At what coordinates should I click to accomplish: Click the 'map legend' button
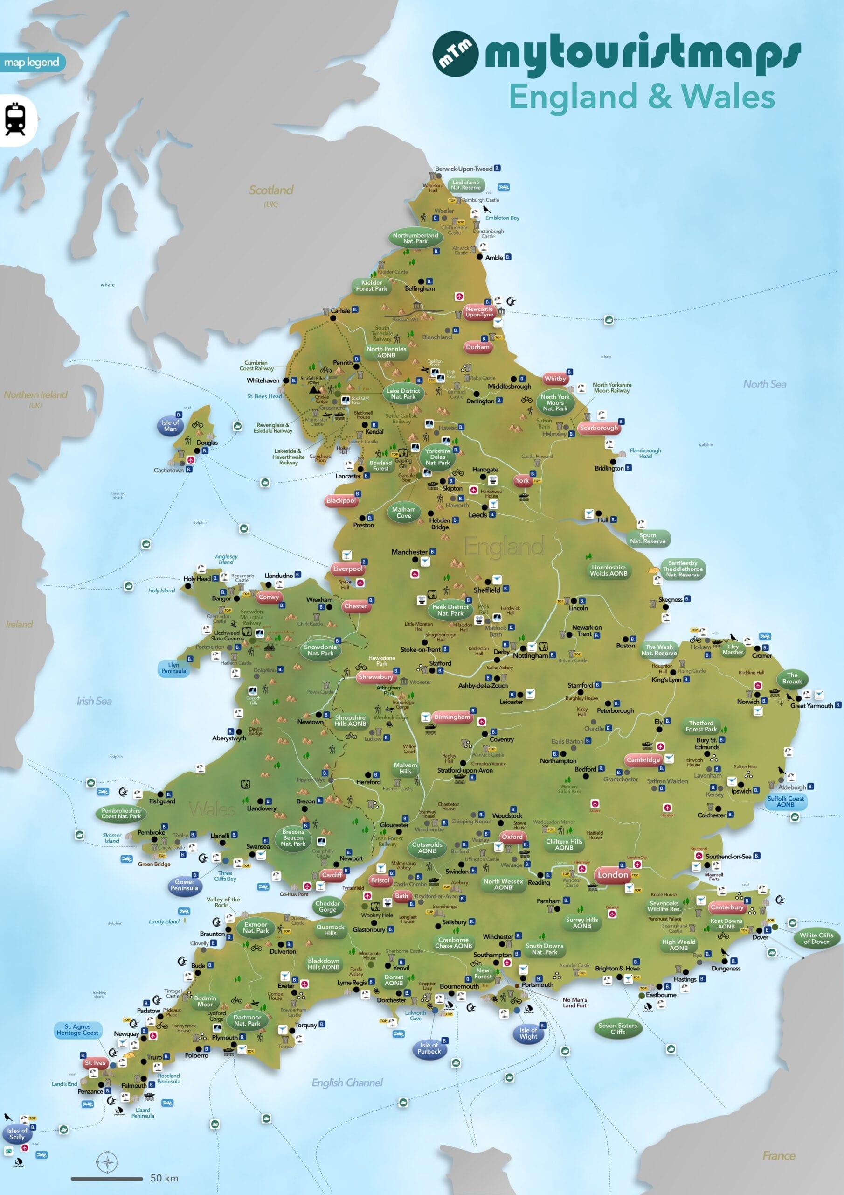(32, 63)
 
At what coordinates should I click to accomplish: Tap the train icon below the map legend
(15, 119)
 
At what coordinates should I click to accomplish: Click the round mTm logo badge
(455, 54)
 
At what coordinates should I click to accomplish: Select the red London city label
(613, 875)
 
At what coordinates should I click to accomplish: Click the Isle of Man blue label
(170, 426)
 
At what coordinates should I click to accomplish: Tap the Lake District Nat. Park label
(402, 394)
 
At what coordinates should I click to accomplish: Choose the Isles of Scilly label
(17, 1133)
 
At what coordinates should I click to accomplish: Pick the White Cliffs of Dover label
(816, 938)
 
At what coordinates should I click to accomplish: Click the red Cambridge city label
(643, 760)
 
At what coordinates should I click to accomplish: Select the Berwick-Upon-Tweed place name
(464, 169)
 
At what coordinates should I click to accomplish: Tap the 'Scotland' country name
(271, 190)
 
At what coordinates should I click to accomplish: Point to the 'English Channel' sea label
(347, 1083)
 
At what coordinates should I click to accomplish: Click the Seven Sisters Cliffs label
(617, 1028)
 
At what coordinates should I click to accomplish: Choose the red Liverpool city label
(347, 569)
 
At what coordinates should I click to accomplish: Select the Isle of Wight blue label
(528, 1033)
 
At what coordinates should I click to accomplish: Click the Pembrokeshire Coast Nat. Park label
(121, 814)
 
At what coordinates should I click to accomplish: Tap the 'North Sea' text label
(764, 384)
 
